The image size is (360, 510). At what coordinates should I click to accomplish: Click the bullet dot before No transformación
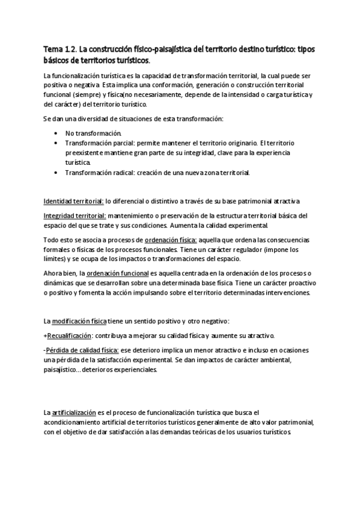(x=56, y=132)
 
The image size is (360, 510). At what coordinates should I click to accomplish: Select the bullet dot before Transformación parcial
(x=56, y=143)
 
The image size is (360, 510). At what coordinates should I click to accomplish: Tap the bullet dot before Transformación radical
(x=56, y=173)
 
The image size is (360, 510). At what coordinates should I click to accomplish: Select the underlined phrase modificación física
(x=81, y=321)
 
